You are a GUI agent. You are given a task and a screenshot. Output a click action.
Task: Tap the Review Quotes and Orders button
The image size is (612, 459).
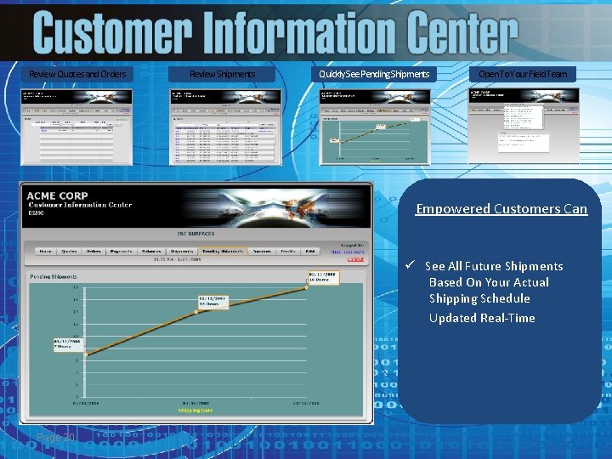(x=77, y=74)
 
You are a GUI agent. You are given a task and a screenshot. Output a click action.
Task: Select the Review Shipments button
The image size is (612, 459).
(x=222, y=74)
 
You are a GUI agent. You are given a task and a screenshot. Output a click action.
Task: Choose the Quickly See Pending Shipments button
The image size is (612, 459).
(x=374, y=74)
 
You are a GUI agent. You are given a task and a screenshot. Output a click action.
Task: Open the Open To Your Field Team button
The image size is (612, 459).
(x=523, y=74)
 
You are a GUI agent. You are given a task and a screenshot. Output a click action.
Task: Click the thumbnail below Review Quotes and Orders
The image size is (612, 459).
(x=77, y=127)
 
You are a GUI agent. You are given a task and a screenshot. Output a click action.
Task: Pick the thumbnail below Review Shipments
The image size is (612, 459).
(x=225, y=127)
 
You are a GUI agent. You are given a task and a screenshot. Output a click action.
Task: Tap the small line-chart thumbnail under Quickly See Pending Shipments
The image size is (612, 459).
(x=374, y=127)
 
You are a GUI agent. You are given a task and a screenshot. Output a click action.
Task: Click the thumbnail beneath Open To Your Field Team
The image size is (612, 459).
(x=523, y=127)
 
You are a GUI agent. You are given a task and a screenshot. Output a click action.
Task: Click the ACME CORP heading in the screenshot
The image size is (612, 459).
(x=57, y=195)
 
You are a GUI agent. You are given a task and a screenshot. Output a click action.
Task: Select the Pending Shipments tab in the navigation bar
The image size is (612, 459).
(x=222, y=252)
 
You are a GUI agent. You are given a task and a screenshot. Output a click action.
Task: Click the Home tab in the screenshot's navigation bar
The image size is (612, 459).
(x=45, y=252)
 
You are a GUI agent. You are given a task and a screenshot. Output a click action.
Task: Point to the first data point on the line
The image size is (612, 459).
(x=85, y=354)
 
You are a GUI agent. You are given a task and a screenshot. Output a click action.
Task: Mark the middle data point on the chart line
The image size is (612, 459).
(x=197, y=312)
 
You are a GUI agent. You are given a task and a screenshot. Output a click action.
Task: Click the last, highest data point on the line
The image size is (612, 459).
(x=308, y=287)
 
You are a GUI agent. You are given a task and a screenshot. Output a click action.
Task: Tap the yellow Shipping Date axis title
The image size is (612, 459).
(x=195, y=410)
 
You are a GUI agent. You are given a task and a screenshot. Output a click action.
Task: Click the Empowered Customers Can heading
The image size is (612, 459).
(x=501, y=209)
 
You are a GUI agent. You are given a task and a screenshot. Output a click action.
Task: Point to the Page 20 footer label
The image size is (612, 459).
(x=56, y=437)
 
